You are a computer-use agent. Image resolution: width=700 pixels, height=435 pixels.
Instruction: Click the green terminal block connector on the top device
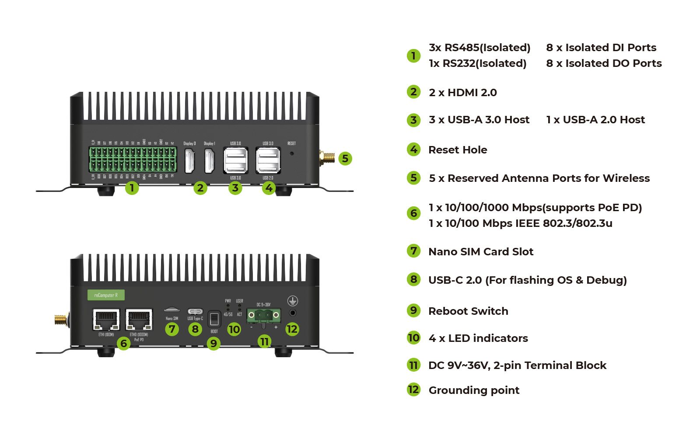pyautogui.click(x=133, y=160)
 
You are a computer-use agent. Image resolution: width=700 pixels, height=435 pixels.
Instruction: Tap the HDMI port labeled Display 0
pyautogui.click(x=190, y=160)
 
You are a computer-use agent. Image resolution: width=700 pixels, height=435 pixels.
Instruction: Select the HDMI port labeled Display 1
pyautogui.click(x=210, y=160)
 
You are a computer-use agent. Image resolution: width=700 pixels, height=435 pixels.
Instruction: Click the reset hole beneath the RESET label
pyautogui.click(x=292, y=153)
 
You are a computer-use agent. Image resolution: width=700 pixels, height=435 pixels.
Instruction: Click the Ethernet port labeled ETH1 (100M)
pyautogui.click(x=106, y=320)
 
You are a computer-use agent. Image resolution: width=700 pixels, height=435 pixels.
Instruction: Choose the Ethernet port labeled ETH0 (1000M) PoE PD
pyautogui.click(x=139, y=320)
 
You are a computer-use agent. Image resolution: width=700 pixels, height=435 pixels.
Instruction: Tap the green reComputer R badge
pyautogui.click(x=106, y=295)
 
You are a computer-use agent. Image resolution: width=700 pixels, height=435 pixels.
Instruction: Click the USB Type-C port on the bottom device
pyautogui.click(x=195, y=312)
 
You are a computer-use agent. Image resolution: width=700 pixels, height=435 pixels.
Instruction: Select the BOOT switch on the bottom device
pyautogui.click(x=214, y=319)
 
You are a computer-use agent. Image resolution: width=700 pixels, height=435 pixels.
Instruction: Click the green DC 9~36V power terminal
pyautogui.click(x=263, y=315)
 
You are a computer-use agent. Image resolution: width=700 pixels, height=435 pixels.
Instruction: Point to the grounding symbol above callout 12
pyautogui.click(x=292, y=301)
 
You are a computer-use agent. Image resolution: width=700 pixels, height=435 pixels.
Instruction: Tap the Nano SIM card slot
pyautogui.click(x=171, y=310)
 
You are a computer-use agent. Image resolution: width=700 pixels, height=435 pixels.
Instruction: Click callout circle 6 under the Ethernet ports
pyautogui.click(x=124, y=344)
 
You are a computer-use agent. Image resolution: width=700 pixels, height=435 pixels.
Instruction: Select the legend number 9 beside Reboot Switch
pyautogui.click(x=413, y=311)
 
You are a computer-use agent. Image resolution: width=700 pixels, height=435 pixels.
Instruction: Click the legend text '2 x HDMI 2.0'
pyautogui.click(x=462, y=93)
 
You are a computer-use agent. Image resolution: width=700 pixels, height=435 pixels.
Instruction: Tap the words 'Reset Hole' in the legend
pyautogui.click(x=458, y=150)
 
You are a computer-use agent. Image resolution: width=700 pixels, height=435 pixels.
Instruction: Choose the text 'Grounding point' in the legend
pyautogui.click(x=474, y=390)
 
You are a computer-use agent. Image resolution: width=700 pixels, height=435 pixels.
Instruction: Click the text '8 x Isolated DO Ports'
pyautogui.click(x=604, y=63)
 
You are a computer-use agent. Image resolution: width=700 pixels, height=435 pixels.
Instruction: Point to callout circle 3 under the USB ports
pyautogui.click(x=235, y=188)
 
